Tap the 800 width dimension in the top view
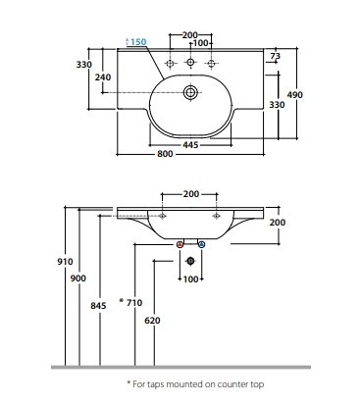pyautogui.click(x=165, y=154)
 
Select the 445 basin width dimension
pyautogui.click(x=190, y=144)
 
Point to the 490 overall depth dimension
pyautogui.click(x=295, y=95)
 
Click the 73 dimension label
pyautogui.click(x=276, y=56)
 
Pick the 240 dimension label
pyautogui.click(x=103, y=77)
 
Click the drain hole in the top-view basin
pyautogui.click(x=190, y=92)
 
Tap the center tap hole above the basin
pyautogui.click(x=190, y=62)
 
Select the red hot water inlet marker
pyautogui.click(x=180, y=244)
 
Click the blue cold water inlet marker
pyautogui.click(x=202, y=244)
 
